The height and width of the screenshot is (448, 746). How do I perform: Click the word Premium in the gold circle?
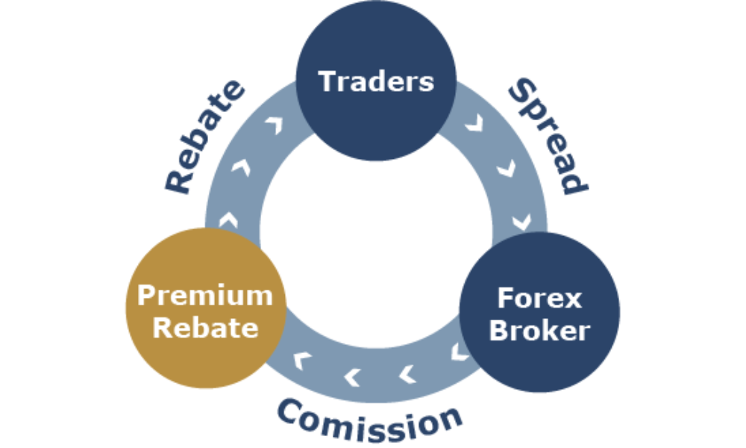pos(205,296)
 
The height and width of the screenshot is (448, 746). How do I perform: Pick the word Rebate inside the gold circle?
pos(205,327)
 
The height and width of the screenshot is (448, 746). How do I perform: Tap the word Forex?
pos(539,299)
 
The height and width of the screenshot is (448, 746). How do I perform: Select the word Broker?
pos(539,330)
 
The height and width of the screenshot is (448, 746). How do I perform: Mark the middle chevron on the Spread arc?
pos(504,169)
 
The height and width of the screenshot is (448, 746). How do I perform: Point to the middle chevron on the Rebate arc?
pos(241,167)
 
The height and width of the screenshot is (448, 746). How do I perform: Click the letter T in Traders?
pos(328,81)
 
